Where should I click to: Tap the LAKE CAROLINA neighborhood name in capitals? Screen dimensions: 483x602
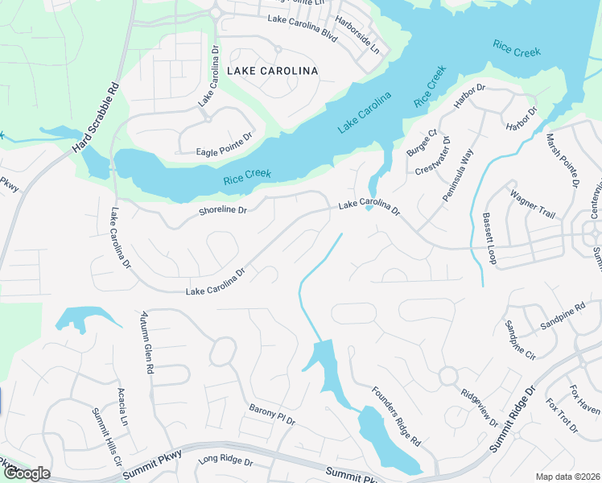[x=272, y=71]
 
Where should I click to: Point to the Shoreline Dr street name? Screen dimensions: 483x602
[x=222, y=211]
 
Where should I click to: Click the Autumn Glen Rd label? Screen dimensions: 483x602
[x=146, y=342]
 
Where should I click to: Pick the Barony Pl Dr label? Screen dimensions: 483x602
[x=272, y=415]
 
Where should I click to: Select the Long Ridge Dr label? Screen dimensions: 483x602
[x=225, y=462]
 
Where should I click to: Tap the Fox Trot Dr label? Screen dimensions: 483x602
[x=562, y=415]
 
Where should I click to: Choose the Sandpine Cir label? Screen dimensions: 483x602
[x=519, y=340]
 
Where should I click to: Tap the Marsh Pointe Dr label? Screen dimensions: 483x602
[x=563, y=161]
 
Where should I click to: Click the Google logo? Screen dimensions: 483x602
[x=26, y=473]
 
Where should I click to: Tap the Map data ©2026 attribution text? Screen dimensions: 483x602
[x=567, y=477]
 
